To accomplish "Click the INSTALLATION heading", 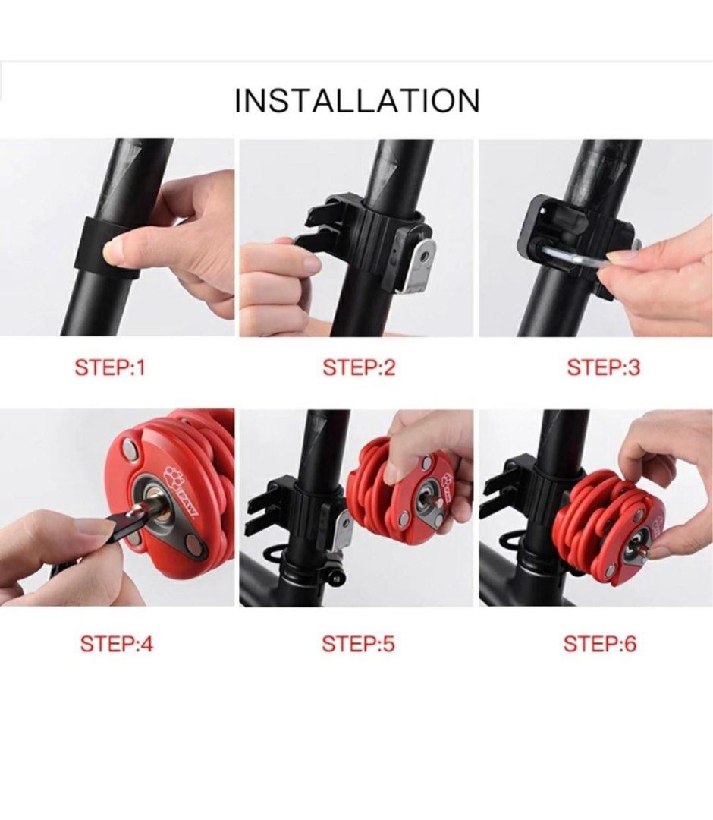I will click(356, 101).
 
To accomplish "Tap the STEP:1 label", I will click(109, 368).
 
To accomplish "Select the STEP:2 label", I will click(359, 368).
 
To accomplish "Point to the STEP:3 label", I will click(603, 368).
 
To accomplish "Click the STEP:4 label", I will click(116, 645).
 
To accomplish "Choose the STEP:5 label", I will click(358, 645).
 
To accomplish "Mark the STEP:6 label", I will click(599, 645).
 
